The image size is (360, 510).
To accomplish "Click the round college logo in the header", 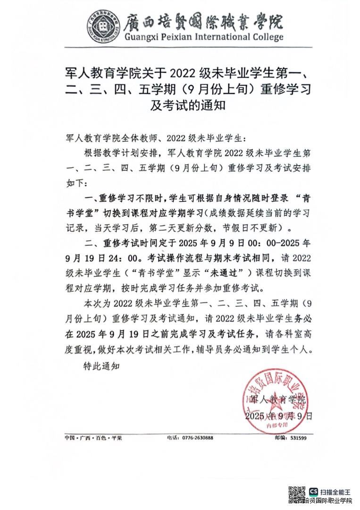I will point(102,26).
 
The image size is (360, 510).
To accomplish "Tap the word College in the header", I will point(266,37).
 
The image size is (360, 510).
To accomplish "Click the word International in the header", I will point(218,37).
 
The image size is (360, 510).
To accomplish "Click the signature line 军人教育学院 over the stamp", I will point(277,399).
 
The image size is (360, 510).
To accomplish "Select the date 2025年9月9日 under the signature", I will point(278,416).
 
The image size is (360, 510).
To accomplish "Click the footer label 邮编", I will point(280,438).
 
